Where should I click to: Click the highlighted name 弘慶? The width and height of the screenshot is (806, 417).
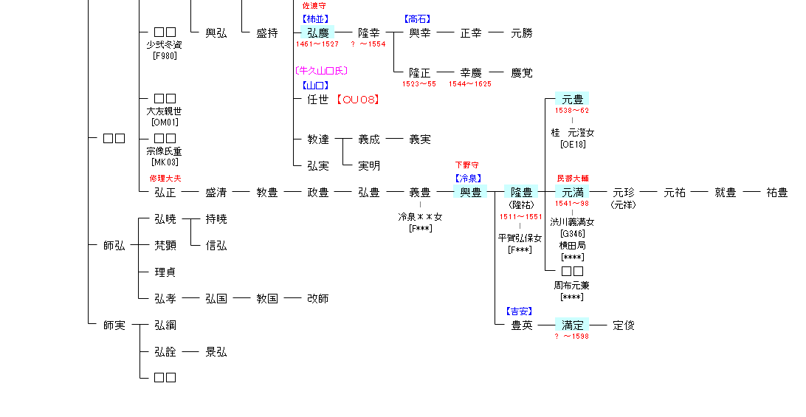coord(318,32)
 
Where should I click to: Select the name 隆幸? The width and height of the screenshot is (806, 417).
coord(369,32)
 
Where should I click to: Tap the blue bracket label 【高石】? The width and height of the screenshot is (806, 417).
coord(417,19)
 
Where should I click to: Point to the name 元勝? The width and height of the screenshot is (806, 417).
coord(522,32)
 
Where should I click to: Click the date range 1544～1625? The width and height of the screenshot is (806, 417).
coord(469,84)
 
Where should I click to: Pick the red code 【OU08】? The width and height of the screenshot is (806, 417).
coord(357,99)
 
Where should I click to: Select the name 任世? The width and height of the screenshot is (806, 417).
coord(318,99)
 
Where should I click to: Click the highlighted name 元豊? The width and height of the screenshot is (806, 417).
coord(572,99)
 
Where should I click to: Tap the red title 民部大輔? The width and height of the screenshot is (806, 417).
coord(572,179)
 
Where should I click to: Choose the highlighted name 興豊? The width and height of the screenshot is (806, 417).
coord(470,193)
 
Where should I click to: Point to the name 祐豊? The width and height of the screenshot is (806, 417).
coord(776,193)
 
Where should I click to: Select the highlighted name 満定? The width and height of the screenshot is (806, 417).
coord(572,325)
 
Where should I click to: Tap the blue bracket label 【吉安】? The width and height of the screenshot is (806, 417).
coord(520,311)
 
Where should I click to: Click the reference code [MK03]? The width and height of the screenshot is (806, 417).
coord(165,162)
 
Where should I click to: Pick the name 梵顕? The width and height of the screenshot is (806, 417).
coord(165,246)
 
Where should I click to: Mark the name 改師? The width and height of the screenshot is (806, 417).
coord(318,299)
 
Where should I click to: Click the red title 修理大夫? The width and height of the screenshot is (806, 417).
coord(165,179)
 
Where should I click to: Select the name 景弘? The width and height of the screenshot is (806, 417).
coord(216,352)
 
